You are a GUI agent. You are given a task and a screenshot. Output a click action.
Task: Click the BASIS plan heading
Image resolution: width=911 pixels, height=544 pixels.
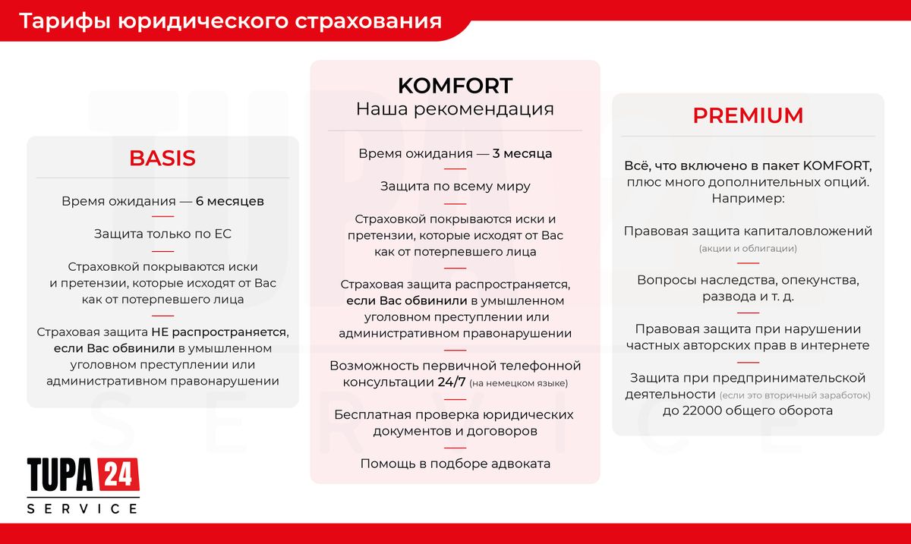coord(162,158)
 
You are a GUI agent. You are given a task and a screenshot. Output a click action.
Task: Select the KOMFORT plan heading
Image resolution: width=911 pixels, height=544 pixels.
coord(455,85)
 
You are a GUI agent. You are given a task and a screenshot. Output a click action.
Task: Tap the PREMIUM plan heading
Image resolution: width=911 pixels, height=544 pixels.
coord(748,116)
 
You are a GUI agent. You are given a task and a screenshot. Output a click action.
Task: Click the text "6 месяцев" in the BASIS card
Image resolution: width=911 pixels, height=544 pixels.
coord(230,202)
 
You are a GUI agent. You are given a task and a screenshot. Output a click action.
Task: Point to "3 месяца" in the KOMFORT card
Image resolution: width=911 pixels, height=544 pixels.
coord(522,154)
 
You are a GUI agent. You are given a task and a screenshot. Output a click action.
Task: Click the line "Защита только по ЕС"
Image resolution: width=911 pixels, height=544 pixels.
coord(162,234)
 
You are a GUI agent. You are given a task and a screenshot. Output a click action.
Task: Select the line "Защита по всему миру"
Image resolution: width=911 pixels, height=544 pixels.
coord(455,187)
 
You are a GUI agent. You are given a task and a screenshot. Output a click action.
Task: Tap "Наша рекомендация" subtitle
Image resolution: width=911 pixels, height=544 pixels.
coord(455,109)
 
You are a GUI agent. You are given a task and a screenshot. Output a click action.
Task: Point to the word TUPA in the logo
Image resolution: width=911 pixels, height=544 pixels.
coord(60,475)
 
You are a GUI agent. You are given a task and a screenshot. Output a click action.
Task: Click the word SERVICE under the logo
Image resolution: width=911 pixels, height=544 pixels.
coord(83,508)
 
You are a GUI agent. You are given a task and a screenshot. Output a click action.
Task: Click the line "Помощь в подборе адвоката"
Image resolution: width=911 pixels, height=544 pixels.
coord(455,464)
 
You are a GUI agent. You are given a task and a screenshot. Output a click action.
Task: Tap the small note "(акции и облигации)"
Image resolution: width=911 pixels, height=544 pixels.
coord(748,249)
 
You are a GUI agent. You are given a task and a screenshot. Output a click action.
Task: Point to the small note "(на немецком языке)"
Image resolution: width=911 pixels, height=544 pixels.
coord(519,384)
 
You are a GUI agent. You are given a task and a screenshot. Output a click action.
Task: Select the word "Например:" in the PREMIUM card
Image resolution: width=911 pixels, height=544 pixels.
coord(748,199)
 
